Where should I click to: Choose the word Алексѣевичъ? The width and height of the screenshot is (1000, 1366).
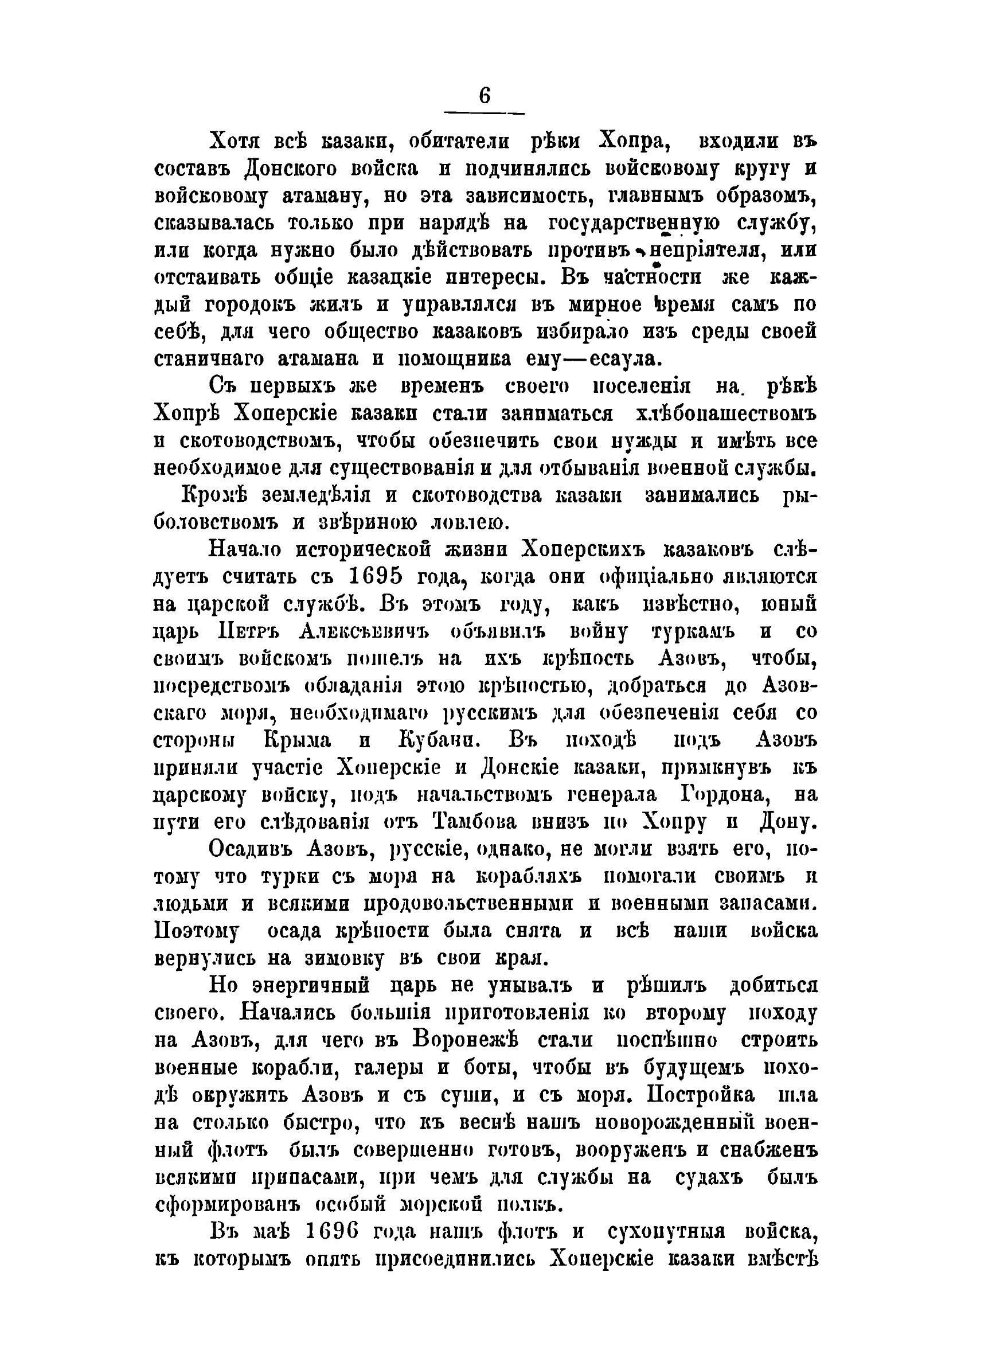coord(364,631)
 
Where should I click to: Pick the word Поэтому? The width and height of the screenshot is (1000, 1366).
coord(197,931)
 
